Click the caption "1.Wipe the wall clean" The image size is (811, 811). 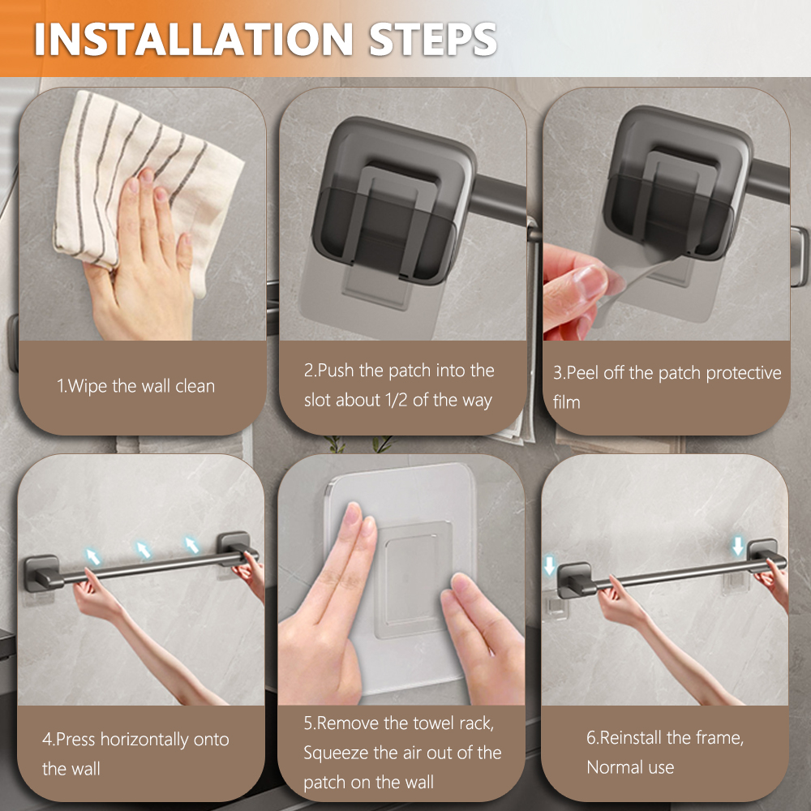pyautogui.click(x=135, y=386)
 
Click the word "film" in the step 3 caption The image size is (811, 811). pyautogui.click(x=567, y=402)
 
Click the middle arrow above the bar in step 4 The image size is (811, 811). pyautogui.click(x=144, y=551)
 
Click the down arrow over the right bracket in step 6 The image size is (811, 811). pyautogui.click(x=737, y=547)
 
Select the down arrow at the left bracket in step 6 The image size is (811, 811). pyautogui.click(x=550, y=564)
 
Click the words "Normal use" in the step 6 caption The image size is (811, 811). pyautogui.click(x=630, y=767)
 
